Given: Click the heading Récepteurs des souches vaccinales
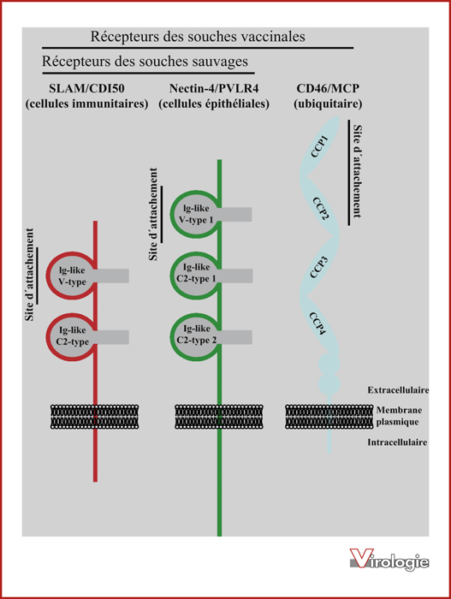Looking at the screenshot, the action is click(x=198, y=37).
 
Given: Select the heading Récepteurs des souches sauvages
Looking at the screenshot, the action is click(x=145, y=62).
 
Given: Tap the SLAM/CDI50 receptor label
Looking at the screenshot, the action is click(x=86, y=89).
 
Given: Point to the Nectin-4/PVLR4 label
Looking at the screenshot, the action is click(x=214, y=89).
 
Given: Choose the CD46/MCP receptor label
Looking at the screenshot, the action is click(x=328, y=89).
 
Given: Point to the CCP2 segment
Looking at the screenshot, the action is click(x=320, y=208).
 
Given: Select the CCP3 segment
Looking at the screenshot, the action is click(x=319, y=267).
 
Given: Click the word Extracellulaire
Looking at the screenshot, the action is click(x=398, y=390).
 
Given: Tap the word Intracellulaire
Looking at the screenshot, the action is click(x=397, y=442).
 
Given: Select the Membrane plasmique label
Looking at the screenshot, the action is click(x=399, y=416).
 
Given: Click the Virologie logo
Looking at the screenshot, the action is click(x=389, y=560).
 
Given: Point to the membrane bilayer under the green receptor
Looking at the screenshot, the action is click(x=219, y=417).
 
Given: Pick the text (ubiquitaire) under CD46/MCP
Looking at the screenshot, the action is click(x=328, y=104).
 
